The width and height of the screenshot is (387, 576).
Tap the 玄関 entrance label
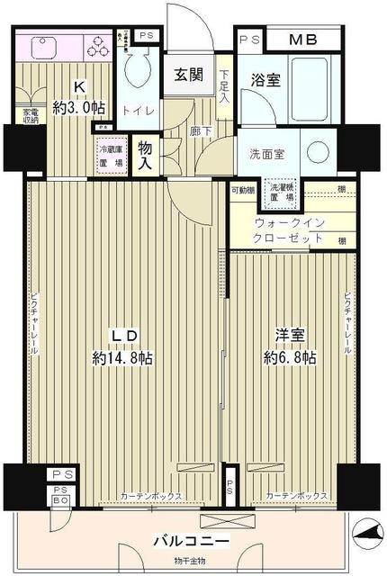[188, 76]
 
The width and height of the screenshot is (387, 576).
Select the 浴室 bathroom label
[265, 79]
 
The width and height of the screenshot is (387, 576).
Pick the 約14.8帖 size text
[122, 357]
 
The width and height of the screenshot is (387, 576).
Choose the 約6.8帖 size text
[291, 357]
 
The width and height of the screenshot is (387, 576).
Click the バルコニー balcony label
[193, 542]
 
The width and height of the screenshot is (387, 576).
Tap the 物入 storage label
[145, 155]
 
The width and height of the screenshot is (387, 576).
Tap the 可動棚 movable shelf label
[241, 190]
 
